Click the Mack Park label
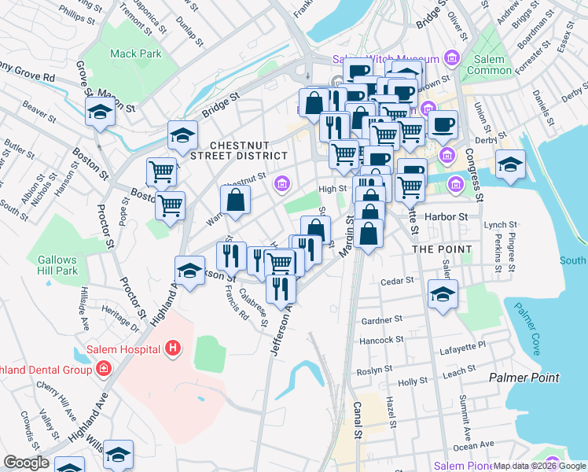coord(135,54)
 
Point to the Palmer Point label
coord(524,378)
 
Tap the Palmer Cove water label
coord(525,325)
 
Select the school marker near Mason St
coord(101,112)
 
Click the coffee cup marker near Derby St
coord(443,124)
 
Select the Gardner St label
coord(381,320)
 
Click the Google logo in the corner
coord(26,463)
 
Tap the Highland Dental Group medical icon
coord(103,368)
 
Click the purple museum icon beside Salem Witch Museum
coord(450,59)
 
